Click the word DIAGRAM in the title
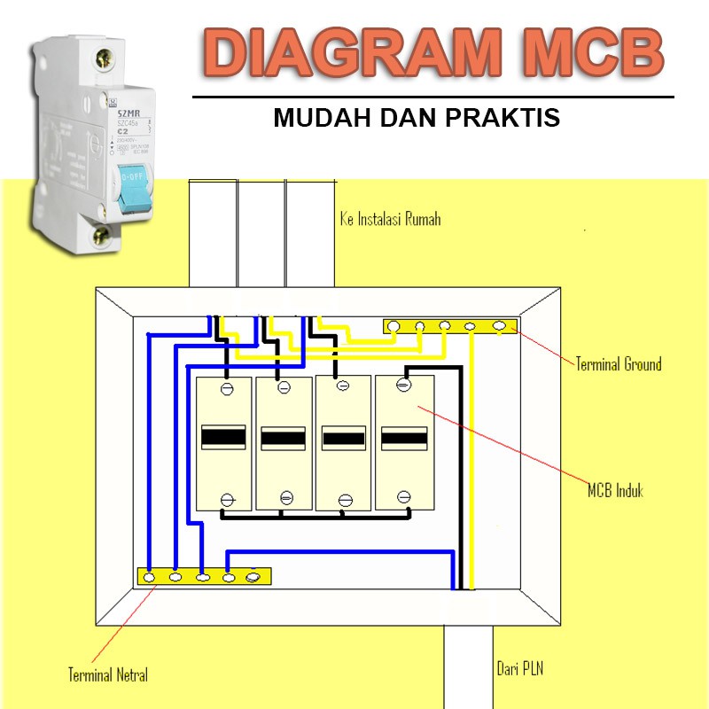coord(354,52)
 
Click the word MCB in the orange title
coord(585,52)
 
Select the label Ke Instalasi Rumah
coord(390,219)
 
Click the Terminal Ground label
coord(618,363)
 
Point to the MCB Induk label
coord(615,490)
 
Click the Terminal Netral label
coord(108,674)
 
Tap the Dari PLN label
coord(519,668)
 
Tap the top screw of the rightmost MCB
coord(403,385)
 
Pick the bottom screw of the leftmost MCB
coord(226,499)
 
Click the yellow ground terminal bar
coord(450,326)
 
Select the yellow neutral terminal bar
coord(204,577)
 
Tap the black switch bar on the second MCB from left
coord(284,438)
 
